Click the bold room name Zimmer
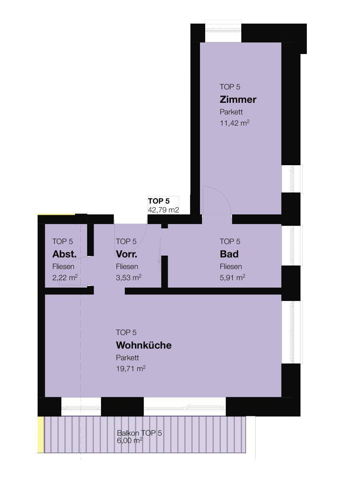pyautogui.click(x=238, y=100)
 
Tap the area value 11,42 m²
pyautogui.click(x=234, y=123)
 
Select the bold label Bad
pyautogui.click(x=229, y=254)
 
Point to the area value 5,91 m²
pyautogui.click(x=232, y=278)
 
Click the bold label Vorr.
pyautogui.click(x=126, y=254)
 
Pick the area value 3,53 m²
pyautogui.click(x=128, y=278)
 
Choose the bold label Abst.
pyautogui.click(x=64, y=254)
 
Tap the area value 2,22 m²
pyautogui.click(x=65, y=278)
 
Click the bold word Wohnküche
pyautogui.click(x=144, y=345)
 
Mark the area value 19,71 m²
pyautogui.click(x=131, y=369)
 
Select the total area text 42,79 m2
pyautogui.click(x=164, y=210)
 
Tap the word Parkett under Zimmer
pyautogui.click(x=231, y=112)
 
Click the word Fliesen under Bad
pyautogui.click(x=231, y=266)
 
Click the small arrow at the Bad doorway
pyautogui.click(x=160, y=251)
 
